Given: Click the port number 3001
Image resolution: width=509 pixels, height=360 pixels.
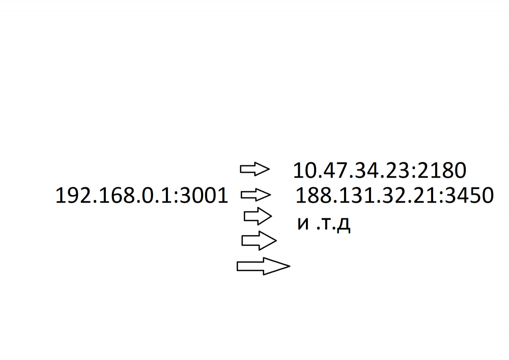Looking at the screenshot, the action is [x=204, y=196].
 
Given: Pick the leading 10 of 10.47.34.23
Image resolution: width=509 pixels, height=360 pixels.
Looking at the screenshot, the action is [x=304, y=171].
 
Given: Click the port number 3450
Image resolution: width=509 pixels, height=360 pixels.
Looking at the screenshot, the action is [x=469, y=196].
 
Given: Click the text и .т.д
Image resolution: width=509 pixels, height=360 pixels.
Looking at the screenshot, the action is [x=324, y=224].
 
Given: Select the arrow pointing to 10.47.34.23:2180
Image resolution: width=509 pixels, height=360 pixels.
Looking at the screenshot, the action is [x=255, y=169].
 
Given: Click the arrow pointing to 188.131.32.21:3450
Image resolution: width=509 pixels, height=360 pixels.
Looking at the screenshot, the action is [x=256, y=195].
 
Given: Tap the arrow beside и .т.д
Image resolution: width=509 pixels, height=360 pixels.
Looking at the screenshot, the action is [x=258, y=216].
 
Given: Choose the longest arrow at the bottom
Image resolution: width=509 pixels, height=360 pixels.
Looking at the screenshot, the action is [x=264, y=266].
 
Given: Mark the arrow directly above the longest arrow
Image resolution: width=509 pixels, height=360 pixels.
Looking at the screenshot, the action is [x=259, y=240].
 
